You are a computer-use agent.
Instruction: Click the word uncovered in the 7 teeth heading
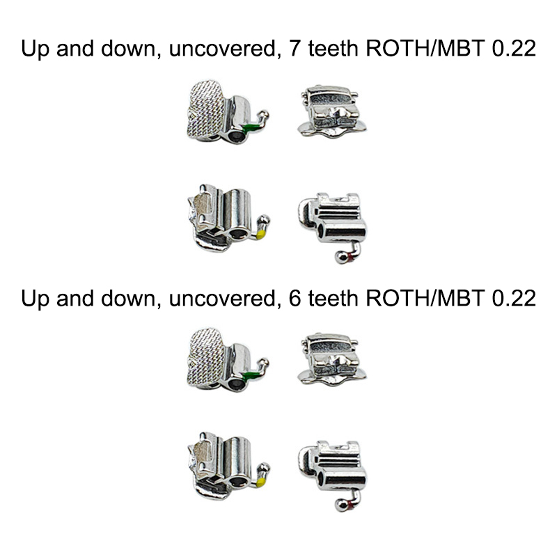(x=222, y=51)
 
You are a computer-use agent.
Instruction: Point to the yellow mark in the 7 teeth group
(x=260, y=234)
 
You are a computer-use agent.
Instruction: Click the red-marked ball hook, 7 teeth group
(x=342, y=257)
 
